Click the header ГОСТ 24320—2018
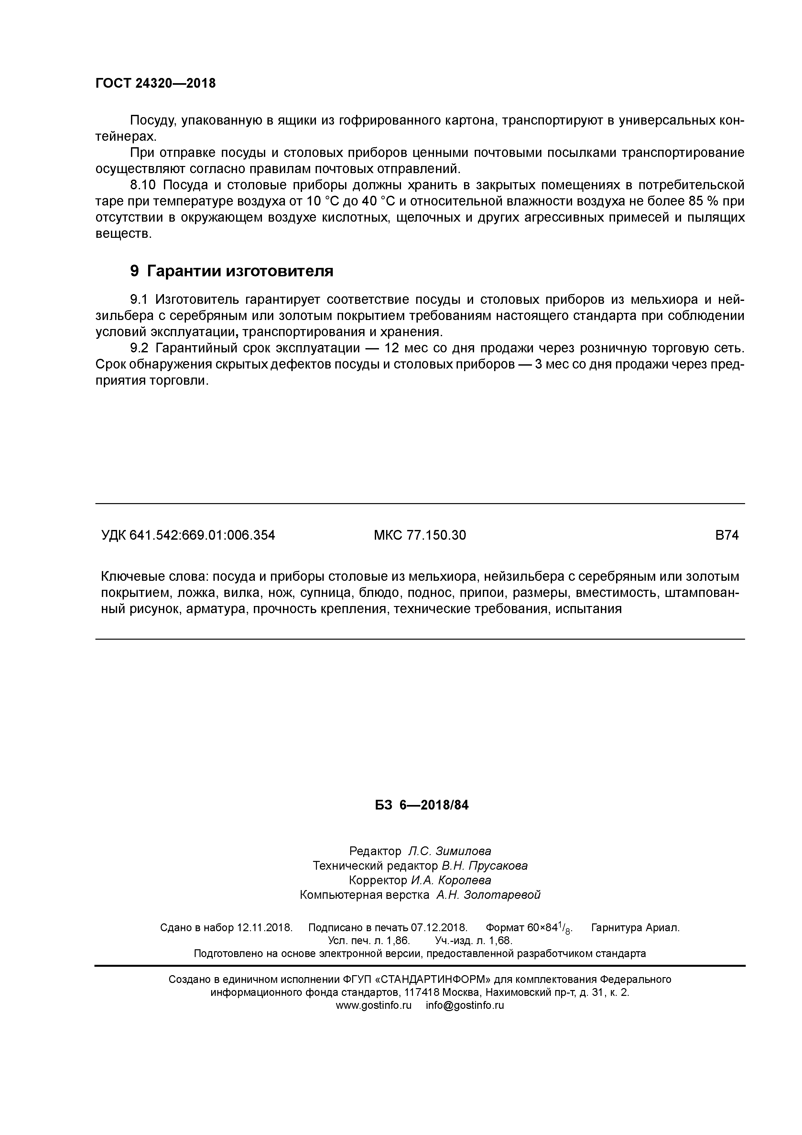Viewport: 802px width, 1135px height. (156, 83)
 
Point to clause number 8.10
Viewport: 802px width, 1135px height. (142, 185)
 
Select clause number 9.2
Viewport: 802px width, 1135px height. (139, 348)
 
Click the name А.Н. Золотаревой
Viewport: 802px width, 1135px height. (488, 895)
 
